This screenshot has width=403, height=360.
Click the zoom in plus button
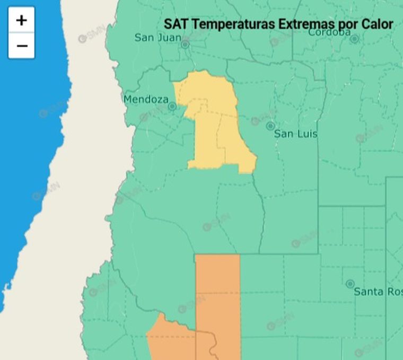(x=21, y=20)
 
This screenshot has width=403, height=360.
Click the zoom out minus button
(x=21, y=46)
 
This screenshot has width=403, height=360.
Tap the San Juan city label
(x=157, y=37)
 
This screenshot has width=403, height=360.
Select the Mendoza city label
(x=146, y=99)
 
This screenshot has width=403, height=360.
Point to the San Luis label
(x=295, y=134)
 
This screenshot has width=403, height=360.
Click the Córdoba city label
(x=329, y=32)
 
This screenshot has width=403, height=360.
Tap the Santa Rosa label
(x=378, y=292)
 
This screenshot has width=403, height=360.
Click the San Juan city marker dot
(x=185, y=45)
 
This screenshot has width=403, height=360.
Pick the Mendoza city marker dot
(x=172, y=107)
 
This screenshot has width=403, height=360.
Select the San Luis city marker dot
(x=270, y=126)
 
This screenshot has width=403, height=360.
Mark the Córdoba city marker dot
(x=354, y=39)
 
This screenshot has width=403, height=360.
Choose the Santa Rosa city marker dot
(x=350, y=284)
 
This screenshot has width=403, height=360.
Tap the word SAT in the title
(x=175, y=24)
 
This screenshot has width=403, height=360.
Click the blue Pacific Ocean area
(x=27, y=159)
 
